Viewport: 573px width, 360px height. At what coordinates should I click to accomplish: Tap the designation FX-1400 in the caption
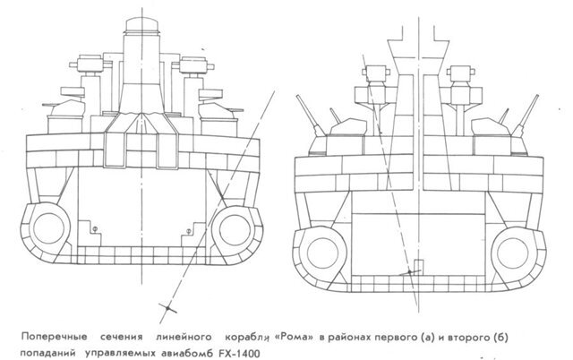click(x=239, y=354)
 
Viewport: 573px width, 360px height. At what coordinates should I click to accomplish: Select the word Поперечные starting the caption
click(x=54, y=337)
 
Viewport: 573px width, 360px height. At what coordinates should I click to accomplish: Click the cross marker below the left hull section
click(x=167, y=309)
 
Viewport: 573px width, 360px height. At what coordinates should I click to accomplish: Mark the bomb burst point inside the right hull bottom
click(x=410, y=272)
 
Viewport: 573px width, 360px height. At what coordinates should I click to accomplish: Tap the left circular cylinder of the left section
click(x=48, y=227)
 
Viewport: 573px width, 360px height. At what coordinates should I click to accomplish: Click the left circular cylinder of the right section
click(x=322, y=253)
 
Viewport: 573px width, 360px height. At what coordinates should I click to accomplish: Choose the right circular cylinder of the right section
click(x=513, y=253)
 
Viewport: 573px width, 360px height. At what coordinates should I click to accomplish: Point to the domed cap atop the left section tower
click(x=142, y=25)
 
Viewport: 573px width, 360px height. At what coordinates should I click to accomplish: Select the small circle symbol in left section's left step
click(x=95, y=229)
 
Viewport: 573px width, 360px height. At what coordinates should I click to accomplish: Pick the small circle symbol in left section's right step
click(x=189, y=231)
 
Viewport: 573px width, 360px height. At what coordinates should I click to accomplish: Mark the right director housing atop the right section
click(x=462, y=73)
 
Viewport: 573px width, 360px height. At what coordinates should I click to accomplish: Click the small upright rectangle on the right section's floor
click(x=419, y=267)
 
